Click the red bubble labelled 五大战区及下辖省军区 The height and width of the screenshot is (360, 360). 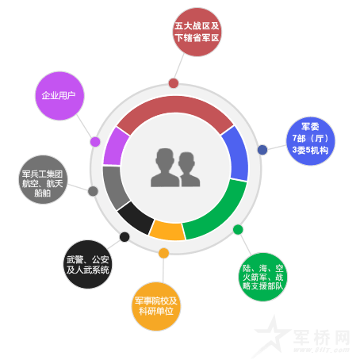197,32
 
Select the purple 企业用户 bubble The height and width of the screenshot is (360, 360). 59,96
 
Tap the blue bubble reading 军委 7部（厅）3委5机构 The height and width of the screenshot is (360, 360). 311,141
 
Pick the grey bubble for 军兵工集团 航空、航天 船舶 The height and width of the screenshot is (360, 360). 43,179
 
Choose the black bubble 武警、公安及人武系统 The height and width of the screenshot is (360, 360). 88,264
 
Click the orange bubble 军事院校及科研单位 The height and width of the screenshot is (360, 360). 156,306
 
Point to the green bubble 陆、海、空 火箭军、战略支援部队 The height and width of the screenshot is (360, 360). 262,277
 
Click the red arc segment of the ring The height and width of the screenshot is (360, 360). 175,105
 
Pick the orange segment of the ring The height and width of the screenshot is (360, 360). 167,231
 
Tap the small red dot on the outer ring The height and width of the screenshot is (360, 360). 174,83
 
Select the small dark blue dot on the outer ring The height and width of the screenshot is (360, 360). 262,150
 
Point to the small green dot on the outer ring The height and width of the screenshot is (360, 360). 238,230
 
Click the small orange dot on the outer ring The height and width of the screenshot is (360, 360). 163,253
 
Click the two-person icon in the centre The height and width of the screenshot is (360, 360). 175,168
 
